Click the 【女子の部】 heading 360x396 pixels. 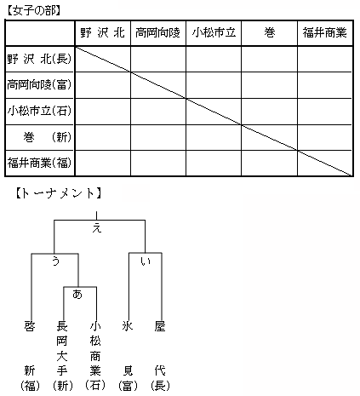click(34, 11)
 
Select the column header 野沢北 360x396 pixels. click(102, 32)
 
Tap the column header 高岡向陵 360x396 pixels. click(157, 32)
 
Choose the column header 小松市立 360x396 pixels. click(214, 32)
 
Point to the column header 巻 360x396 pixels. click(270, 32)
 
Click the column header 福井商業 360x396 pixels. click(325, 32)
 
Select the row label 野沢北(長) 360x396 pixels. click(39, 59)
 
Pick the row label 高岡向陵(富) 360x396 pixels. click(39, 84)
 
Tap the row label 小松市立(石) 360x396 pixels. click(39, 111)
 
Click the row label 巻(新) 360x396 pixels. click(47, 137)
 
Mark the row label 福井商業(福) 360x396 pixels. click(39, 163)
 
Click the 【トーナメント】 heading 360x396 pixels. click(59, 193)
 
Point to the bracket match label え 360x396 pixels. click(97, 228)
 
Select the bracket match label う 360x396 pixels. click(55, 261)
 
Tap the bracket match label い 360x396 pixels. click(146, 261)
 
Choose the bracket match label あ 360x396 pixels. click(77, 294)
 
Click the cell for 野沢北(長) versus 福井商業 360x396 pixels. click(325, 59)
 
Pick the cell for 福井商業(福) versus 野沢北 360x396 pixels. click(103, 164)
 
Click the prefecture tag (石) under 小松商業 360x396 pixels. click(95, 386)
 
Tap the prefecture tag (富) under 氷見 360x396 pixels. click(128, 386)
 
